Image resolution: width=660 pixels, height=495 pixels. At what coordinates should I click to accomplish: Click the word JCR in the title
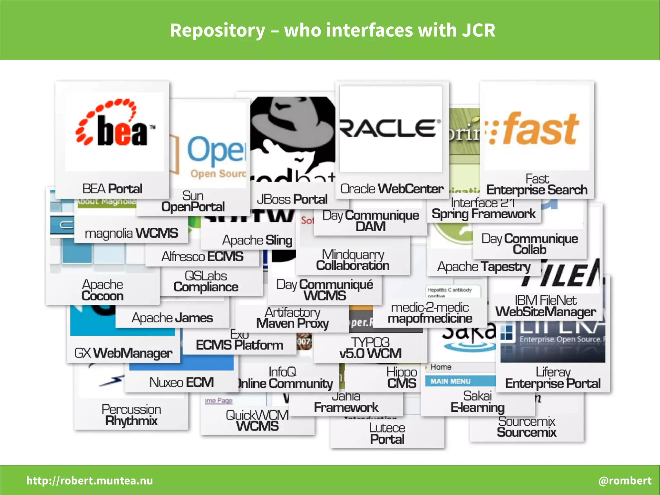(478, 30)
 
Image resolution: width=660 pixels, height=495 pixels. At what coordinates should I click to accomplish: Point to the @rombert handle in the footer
(625, 480)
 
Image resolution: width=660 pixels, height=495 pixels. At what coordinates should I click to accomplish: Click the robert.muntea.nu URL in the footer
(90, 480)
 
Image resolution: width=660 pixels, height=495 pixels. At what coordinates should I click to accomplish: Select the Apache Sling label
(257, 240)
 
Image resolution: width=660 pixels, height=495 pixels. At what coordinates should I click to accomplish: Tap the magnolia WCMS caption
(131, 233)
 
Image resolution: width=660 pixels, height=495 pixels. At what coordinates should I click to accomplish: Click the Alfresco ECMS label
(202, 257)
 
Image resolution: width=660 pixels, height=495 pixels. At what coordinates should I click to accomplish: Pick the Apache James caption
(172, 318)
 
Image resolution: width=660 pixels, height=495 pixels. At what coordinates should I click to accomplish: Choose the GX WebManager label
(123, 353)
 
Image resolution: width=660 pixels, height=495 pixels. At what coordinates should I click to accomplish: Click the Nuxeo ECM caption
(181, 382)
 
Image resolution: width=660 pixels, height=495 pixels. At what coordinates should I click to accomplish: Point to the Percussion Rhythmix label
(131, 415)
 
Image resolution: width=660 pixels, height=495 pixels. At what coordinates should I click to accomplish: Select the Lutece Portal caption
(387, 433)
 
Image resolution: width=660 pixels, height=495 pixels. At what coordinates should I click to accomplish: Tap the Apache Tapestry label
(483, 267)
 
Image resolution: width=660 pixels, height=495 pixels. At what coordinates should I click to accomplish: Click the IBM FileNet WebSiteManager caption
(545, 306)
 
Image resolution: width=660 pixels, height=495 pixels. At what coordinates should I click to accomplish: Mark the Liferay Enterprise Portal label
(553, 378)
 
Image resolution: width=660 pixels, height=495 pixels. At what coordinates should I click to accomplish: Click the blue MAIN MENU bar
(460, 381)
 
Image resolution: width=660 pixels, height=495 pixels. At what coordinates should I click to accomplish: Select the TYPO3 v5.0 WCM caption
(370, 348)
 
